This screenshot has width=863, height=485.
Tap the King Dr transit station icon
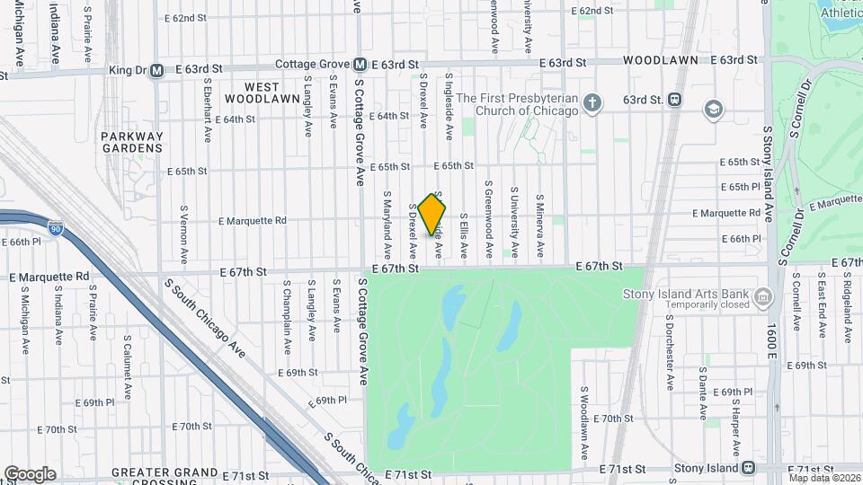tap(156, 70)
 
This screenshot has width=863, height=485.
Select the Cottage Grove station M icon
tap(360, 64)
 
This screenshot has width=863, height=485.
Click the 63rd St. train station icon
tap(674, 100)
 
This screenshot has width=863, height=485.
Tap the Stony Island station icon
tap(748, 468)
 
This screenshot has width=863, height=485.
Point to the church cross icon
tap(592, 103)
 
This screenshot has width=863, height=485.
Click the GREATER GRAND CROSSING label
tap(165, 472)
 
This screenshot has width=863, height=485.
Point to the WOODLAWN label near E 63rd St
tap(666, 60)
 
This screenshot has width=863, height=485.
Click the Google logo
tap(30, 473)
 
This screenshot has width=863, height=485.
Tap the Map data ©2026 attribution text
tap(824, 477)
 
